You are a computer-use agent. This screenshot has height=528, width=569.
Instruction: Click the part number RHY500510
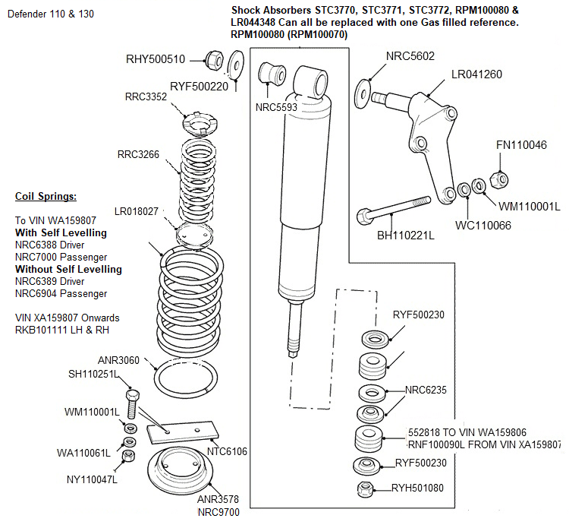click(x=156, y=58)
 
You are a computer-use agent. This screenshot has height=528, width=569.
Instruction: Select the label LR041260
click(x=476, y=74)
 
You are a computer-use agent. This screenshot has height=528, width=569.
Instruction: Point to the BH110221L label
click(x=406, y=236)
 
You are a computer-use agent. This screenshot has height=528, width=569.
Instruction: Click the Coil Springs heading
click(x=46, y=197)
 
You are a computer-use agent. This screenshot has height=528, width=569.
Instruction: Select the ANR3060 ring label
click(x=118, y=359)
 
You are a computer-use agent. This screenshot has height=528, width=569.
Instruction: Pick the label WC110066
click(x=483, y=225)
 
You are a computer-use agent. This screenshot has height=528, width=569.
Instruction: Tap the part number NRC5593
click(x=276, y=108)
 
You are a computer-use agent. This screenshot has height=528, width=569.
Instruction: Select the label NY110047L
click(x=92, y=479)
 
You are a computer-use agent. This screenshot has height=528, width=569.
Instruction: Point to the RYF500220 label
click(x=199, y=86)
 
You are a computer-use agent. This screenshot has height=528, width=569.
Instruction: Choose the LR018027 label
click(x=136, y=210)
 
